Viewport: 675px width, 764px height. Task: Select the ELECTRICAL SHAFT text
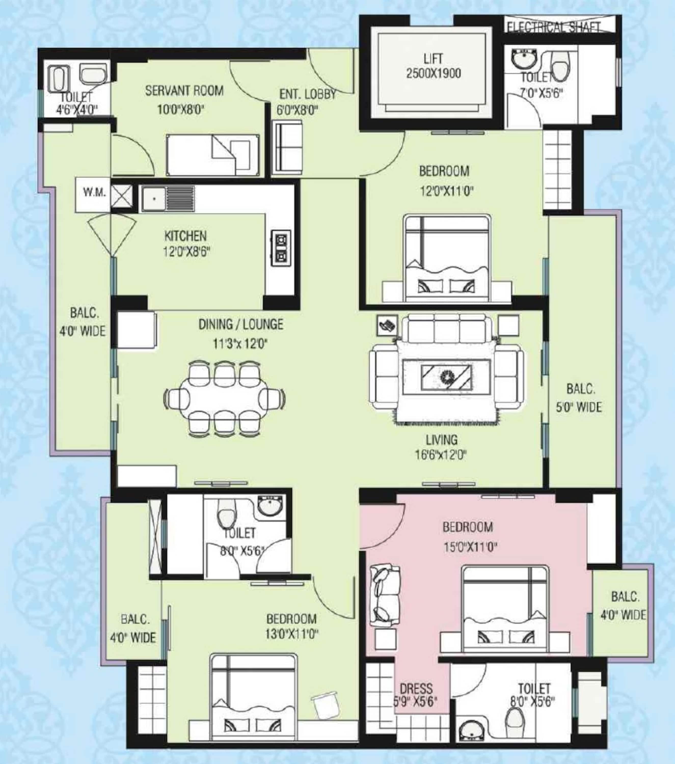(553, 27)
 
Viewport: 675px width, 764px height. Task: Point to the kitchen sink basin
(154, 199)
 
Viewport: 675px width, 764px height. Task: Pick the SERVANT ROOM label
(184, 91)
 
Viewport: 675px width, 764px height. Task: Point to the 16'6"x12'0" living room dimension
(441, 455)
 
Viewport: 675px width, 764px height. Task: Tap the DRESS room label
(416, 689)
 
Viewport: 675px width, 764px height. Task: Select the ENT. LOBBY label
(308, 94)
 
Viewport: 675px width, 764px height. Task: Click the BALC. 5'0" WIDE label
(579, 398)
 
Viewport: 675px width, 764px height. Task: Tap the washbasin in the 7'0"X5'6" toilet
(525, 60)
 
